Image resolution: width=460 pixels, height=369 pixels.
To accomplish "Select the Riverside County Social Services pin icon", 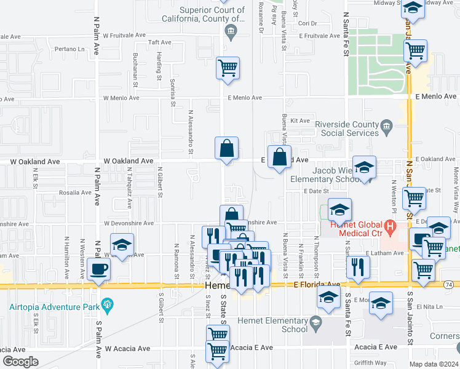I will (386, 127).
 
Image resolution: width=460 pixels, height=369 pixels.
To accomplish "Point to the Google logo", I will (20, 362).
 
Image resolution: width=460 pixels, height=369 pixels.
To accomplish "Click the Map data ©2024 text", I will (434, 364).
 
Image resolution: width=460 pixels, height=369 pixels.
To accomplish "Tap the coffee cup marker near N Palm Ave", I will (99, 268).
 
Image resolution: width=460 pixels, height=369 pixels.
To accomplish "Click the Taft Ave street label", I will (160, 42).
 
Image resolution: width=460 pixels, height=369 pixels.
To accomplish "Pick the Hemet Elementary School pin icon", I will (315, 322).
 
